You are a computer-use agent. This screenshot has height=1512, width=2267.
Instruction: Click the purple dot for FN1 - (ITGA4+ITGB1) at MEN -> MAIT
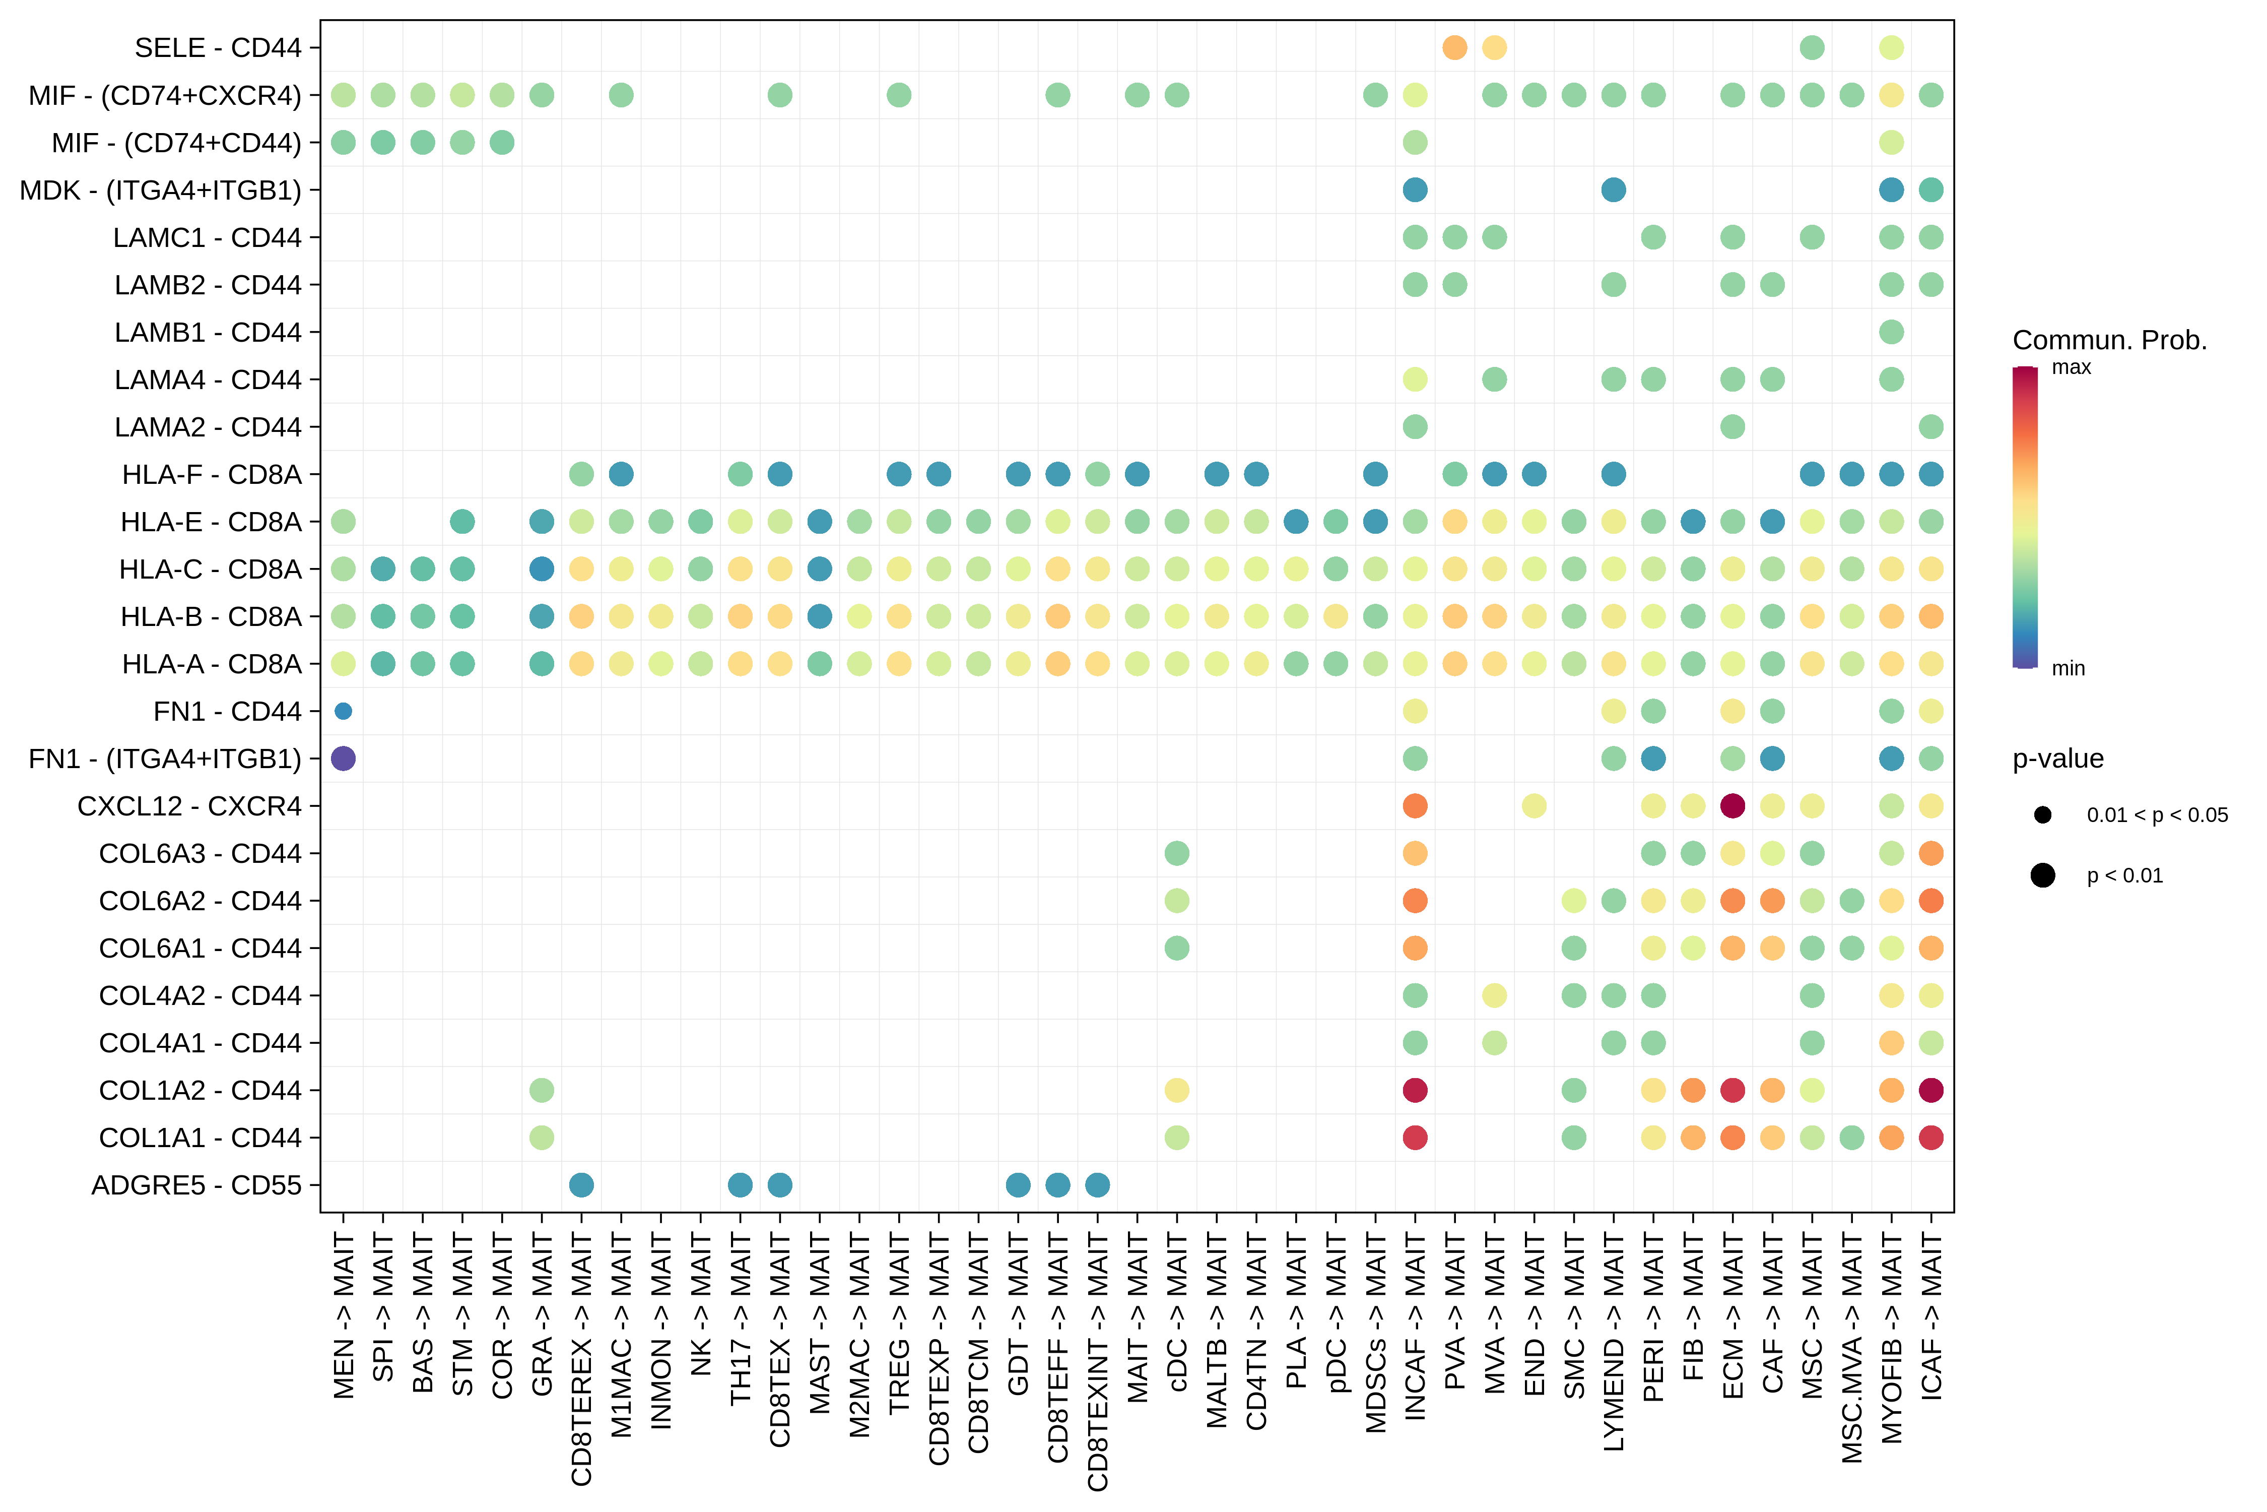pyautogui.click(x=343, y=759)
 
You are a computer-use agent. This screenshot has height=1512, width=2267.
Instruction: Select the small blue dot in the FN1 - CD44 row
pyautogui.click(x=343, y=712)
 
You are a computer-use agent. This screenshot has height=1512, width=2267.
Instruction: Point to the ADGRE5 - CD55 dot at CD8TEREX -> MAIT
pyautogui.click(x=581, y=1185)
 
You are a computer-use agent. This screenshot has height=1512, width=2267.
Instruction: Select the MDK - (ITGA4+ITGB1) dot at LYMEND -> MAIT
pyautogui.click(x=1614, y=190)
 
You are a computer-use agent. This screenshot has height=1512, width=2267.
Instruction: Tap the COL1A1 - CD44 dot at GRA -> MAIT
pyautogui.click(x=542, y=1138)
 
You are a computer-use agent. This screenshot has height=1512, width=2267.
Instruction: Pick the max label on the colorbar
pyautogui.click(x=2072, y=367)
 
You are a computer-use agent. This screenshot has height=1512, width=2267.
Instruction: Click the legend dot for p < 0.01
pyautogui.click(x=2042, y=875)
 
